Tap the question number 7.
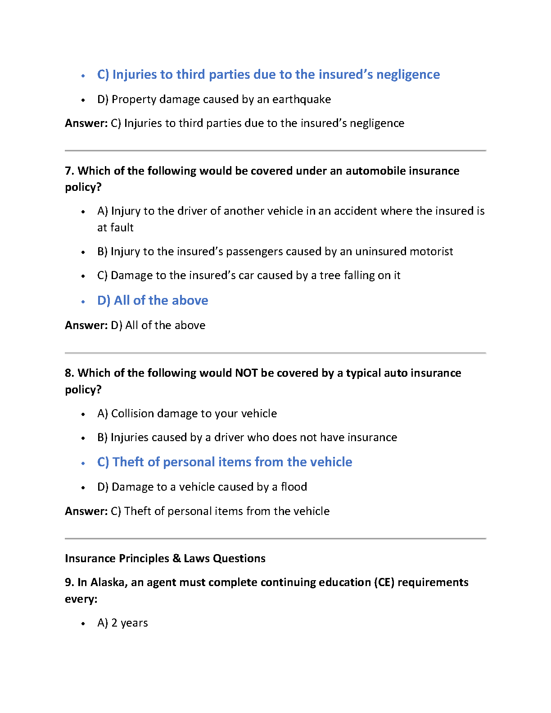pyautogui.click(x=69, y=171)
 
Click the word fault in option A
pyautogui.click(x=122, y=228)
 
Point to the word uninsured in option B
pyautogui.click(x=376, y=252)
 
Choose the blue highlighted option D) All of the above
pyautogui.click(x=153, y=301)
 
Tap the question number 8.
pyautogui.click(x=69, y=373)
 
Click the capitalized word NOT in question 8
pyautogui.click(x=246, y=373)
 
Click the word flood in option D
pyautogui.click(x=294, y=487)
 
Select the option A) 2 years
pyautogui.click(x=122, y=623)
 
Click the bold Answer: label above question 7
pyautogui.click(x=86, y=123)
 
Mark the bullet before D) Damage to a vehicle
pyautogui.click(x=83, y=487)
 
